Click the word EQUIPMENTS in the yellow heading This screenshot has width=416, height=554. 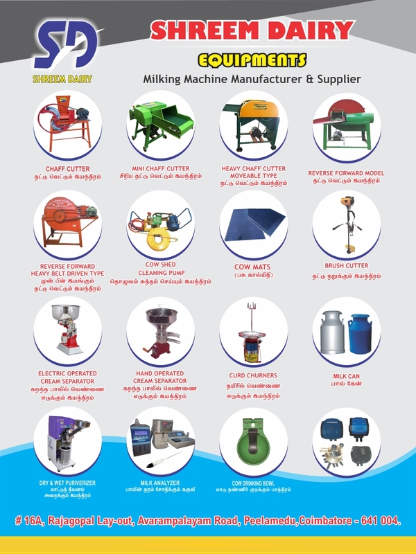(x=252, y=58)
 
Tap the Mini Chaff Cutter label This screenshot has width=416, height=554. (x=160, y=168)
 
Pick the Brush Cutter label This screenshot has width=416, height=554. (x=346, y=266)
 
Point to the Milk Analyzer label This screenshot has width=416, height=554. (x=160, y=482)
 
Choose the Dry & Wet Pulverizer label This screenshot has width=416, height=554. (x=67, y=483)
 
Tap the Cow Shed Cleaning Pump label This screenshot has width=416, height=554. (x=160, y=269)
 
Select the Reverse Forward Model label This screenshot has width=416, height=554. (x=346, y=173)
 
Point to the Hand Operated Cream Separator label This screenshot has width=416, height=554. (x=160, y=377)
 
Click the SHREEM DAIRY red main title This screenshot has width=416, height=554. (x=252, y=30)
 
